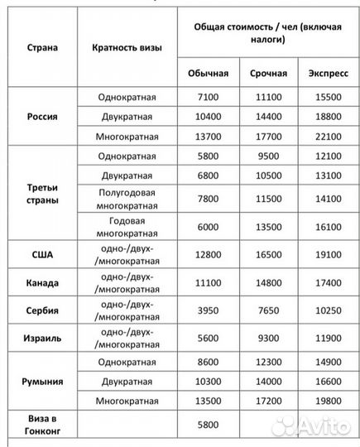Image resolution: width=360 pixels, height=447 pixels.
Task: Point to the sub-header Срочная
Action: (268, 73)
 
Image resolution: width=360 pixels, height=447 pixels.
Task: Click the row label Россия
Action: (42, 117)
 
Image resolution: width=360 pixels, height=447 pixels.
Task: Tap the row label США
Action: (42, 254)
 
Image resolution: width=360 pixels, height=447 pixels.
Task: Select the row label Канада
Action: (42, 281)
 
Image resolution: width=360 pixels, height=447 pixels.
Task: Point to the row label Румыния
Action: (42, 382)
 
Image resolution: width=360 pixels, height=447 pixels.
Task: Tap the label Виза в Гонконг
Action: (42, 424)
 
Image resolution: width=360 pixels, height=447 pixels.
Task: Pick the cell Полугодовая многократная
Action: (127, 199)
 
